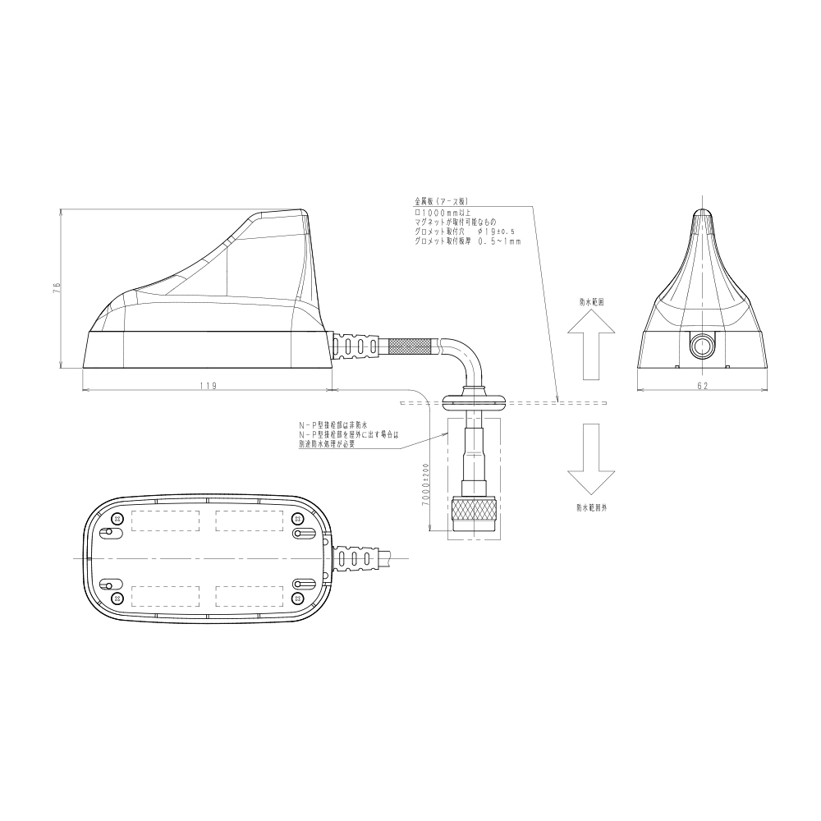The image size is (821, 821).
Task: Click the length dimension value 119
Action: pyautogui.click(x=207, y=386)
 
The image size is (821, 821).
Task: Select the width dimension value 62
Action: pyautogui.click(x=703, y=384)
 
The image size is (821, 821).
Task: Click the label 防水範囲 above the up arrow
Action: pyautogui.click(x=592, y=301)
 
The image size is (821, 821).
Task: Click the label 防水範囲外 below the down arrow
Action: pyautogui.click(x=591, y=508)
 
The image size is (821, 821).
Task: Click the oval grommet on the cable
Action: pyautogui.click(x=475, y=401)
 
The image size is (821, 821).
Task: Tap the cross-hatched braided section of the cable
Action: pyautogui.click(x=415, y=346)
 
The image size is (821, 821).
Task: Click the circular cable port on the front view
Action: pyautogui.click(x=704, y=346)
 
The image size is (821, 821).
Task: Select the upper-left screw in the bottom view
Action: pyautogui.click(x=117, y=519)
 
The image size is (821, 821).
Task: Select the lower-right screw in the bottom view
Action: pyautogui.click(x=298, y=599)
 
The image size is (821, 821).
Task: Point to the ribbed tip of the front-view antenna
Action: pyautogui.click(x=703, y=219)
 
